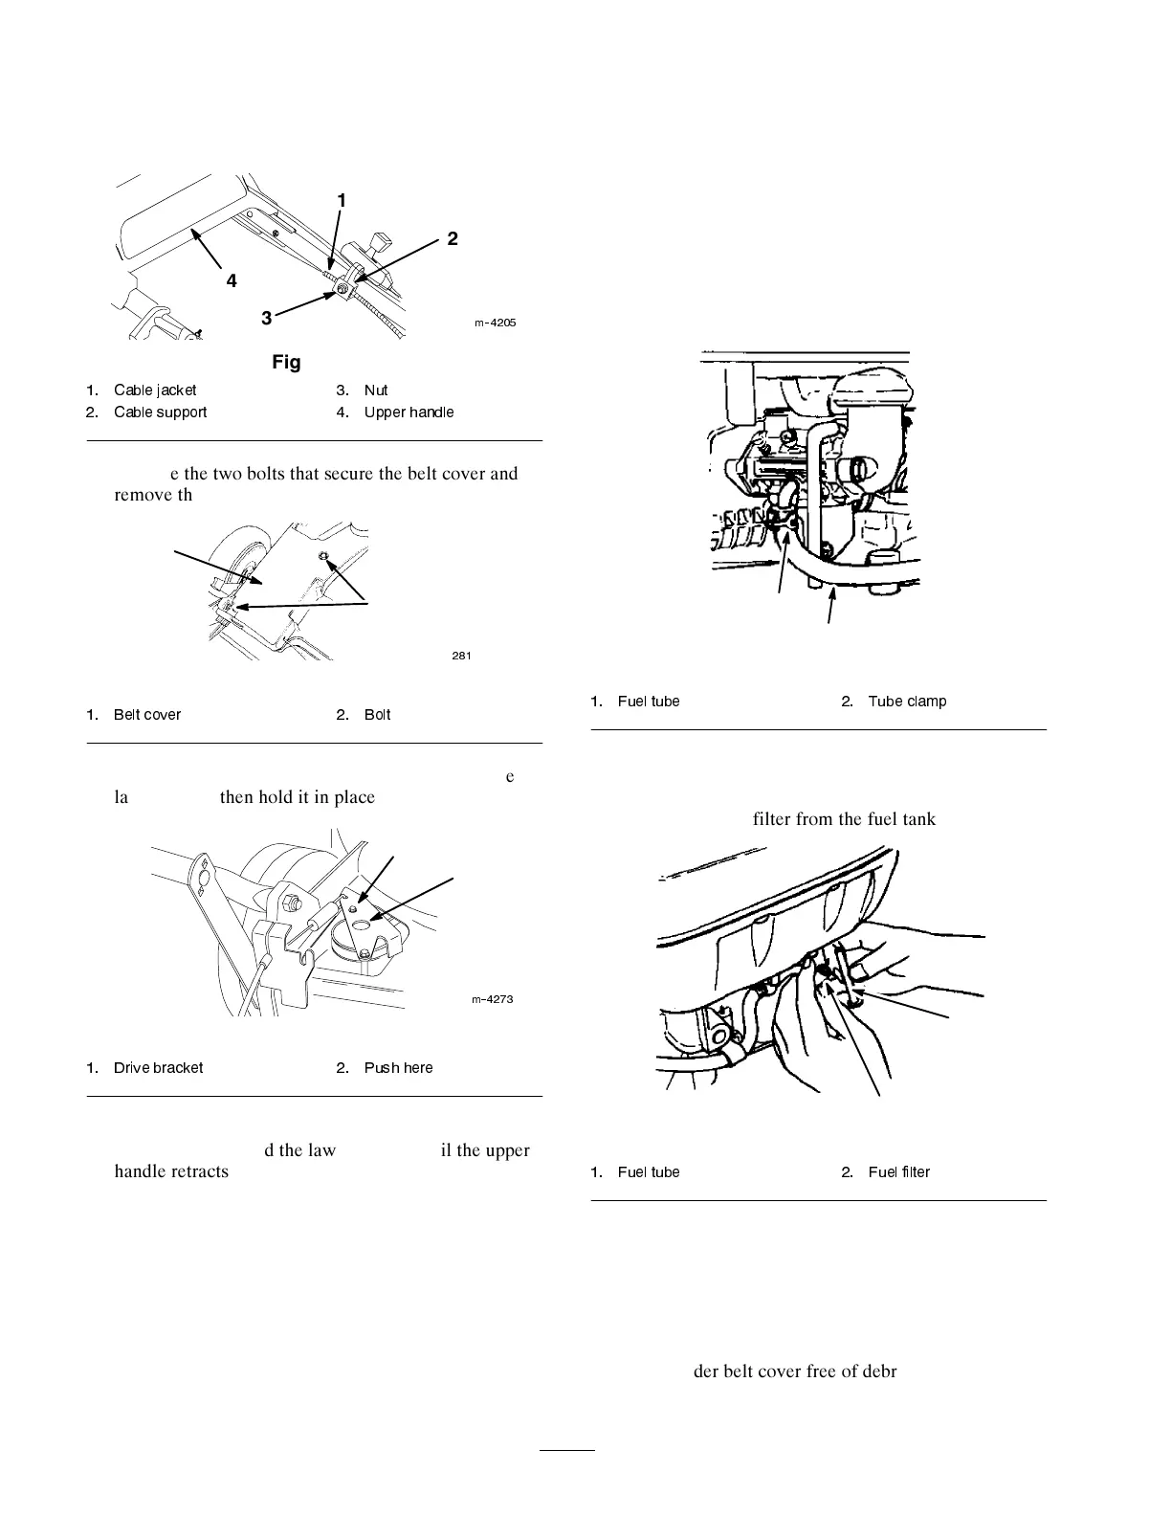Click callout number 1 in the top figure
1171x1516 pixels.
pyautogui.click(x=342, y=200)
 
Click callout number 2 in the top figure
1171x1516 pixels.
pyautogui.click(x=453, y=238)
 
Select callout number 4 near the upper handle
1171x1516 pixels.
pyautogui.click(x=232, y=281)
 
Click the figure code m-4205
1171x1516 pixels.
pyautogui.click(x=496, y=323)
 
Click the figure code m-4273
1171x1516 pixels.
pyautogui.click(x=493, y=999)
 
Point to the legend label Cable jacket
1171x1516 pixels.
pyautogui.click(x=155, y=390)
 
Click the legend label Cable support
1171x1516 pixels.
pyautogui.click(x=160, y=412)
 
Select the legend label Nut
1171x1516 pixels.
pyautogui.click(x=376, y=390)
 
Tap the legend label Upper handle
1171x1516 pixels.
pyautogui.click(x=409, y=412)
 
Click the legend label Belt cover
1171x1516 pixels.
pyautogui.click(x=147, y=715)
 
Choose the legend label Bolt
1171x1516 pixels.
pyautogui.click(x=377, y=715)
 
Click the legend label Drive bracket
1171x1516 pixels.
pyautogui.click(x=158, y=1068)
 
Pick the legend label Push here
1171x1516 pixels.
pyautogui.click(x=398, y=1068)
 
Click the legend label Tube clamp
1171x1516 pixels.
pyautogui.click(x=907, y=702)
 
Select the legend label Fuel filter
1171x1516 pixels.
pyautogui.click(x=899, y=1172)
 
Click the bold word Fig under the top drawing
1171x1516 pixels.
pyautogui.click(x=286, y=362)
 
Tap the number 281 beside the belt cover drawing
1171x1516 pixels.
pyautogui.click(x=461, y=656)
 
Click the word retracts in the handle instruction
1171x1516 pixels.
pyautogui.click(x=199, y=1172)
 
